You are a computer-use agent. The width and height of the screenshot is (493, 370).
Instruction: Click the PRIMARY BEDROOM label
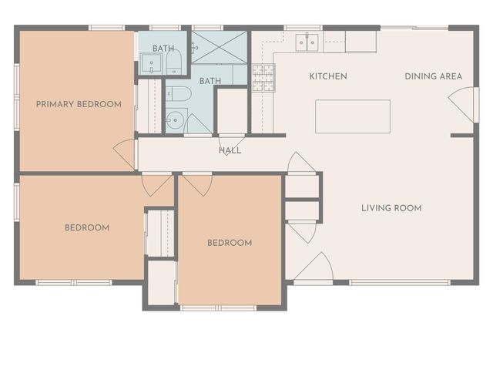79,104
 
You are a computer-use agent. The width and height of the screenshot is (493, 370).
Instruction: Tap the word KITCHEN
328,76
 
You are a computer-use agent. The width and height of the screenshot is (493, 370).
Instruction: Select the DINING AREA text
434,76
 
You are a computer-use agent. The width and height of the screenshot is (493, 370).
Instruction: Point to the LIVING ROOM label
391,207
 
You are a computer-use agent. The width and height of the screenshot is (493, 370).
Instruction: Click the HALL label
230,150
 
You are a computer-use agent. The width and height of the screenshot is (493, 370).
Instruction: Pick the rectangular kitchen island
353,116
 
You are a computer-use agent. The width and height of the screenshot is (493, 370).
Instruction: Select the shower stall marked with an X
220,48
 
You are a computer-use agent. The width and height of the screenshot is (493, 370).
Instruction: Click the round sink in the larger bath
176,120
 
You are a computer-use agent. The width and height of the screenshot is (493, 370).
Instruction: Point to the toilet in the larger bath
179,94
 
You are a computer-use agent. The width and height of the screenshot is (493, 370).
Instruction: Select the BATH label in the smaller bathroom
163,49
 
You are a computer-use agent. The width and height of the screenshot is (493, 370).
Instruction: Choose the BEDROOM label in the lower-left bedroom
86,227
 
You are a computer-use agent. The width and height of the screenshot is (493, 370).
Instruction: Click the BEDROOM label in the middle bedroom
230,243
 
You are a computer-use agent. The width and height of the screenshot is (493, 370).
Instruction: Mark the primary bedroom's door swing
126,153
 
